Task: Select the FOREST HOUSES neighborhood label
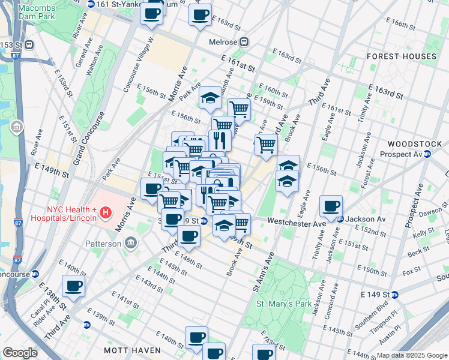[x=402, y=56]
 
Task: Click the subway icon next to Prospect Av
[x=427, y=154]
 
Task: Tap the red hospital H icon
[x=106, y=212]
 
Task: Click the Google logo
[x=20, y=353]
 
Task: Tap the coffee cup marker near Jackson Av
[x=331, y=206]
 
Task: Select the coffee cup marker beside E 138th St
[x=73, y=286]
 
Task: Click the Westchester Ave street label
[x=297, y=223]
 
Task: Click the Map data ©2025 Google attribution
[x=412, y=355]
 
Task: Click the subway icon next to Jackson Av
[x=340, y=219]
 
